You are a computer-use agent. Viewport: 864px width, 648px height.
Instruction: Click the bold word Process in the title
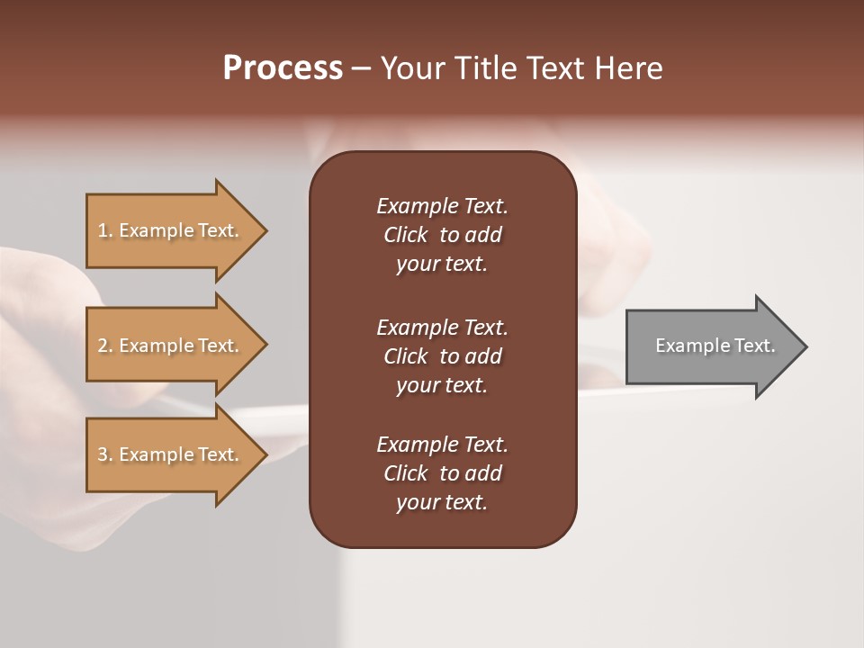coord(283,68)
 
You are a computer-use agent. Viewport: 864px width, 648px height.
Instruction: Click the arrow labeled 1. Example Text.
coord(171,230)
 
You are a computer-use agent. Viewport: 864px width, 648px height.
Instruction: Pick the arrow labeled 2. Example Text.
coord(171,346)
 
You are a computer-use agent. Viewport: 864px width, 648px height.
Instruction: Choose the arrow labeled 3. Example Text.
coord(171,454)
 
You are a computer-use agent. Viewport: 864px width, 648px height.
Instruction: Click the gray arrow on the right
coord(711,346)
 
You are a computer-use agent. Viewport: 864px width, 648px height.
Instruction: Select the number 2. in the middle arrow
coord(104,346)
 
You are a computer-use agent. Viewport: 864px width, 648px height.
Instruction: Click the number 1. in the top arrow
coord(104,230)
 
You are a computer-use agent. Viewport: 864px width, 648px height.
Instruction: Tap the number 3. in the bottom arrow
coord(104,454)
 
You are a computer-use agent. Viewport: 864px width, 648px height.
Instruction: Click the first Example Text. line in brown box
coord(442,206)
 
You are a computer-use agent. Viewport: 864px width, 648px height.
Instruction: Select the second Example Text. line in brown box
coord(442,327)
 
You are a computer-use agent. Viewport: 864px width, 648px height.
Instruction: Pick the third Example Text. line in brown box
coord(442,445)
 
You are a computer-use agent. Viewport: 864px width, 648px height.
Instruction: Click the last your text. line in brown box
coord(442,502)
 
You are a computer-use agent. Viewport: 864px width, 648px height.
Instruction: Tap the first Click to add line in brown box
coord(442,235)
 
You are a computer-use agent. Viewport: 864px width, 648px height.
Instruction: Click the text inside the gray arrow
coord(715,346)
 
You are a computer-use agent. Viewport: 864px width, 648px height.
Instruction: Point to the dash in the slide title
coord(362,69)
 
